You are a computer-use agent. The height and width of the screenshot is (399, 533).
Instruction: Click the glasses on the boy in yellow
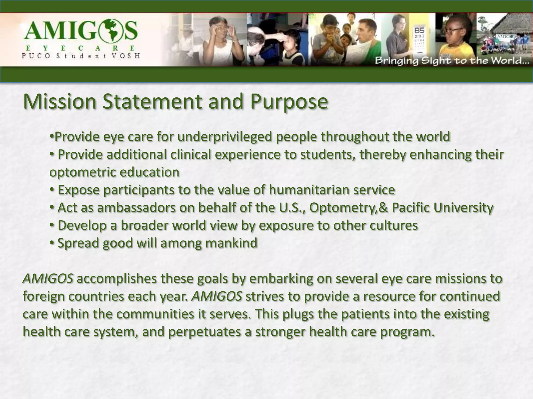(x=454, y=31)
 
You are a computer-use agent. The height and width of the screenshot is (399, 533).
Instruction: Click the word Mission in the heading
(x=60, y=102)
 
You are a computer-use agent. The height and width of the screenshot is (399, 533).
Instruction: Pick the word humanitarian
(x=308, y=190)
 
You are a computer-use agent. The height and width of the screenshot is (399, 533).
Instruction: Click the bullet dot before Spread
(x=52, y=243)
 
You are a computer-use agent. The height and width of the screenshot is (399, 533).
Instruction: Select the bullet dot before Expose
(x=52, y=189)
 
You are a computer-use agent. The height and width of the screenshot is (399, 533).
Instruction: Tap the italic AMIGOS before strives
(x=217, y=296)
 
